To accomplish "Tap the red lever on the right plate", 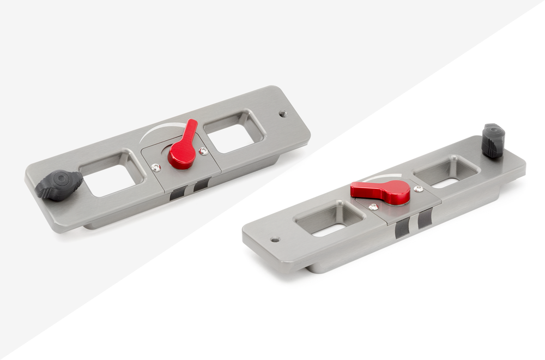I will click(x=381, y=190).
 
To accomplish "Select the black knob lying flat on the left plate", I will click(x=59, y=184).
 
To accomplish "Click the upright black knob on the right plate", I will click(x=493, y=141).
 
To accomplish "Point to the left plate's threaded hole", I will click(x=283, y=114).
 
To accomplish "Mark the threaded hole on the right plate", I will click(x=275, y=239).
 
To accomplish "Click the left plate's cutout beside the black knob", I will click(x=112, y=175).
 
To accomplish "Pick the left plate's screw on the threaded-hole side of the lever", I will click(x=203, y=151).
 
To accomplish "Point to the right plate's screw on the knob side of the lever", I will click(x=418, y=189).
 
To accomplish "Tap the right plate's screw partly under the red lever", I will click(x=373, y=207).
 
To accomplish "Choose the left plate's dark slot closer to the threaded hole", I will click(x=201, y=184).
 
